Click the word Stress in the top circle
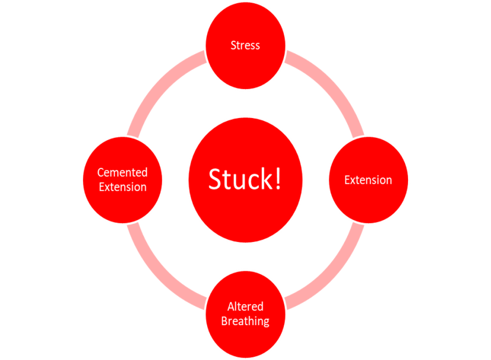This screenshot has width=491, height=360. pos(245,46)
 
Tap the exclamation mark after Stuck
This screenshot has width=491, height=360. pos(278,178)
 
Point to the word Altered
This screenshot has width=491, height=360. pos(245,306)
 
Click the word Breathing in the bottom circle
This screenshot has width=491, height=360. pos(245,321)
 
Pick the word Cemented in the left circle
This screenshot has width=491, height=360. pos(122,172)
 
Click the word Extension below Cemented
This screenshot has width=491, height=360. pos(122,187)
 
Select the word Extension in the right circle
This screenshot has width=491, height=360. pos(368,180)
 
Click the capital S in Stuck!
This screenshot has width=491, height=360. pos(214,179)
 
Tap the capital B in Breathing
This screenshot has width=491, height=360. pos(224,321)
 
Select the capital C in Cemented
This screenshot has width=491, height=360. pos(101,173)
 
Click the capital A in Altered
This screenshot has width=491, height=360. pos(231,306)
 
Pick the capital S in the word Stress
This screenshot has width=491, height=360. pos(234,46)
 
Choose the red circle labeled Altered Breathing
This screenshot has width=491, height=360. pos(245,336)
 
